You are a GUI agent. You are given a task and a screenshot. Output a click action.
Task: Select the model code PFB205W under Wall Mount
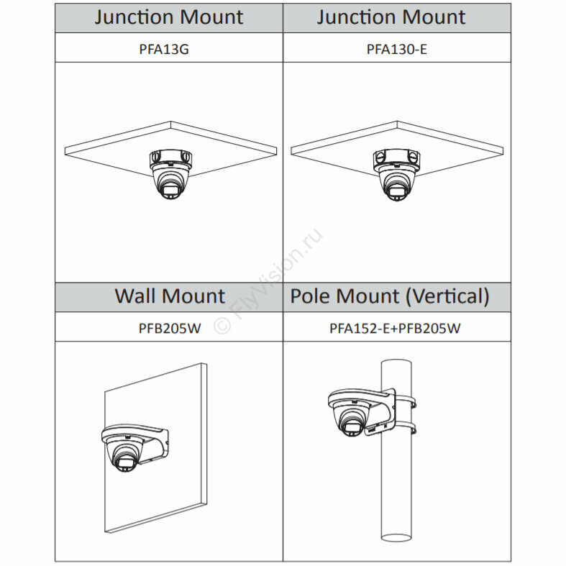coord(170,328)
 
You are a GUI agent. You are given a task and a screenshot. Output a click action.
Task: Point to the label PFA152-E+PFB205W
coord(395,328)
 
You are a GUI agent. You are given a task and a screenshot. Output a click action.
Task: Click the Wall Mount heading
coord(170,296)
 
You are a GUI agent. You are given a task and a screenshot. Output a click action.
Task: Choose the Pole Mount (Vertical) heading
coord(390,296)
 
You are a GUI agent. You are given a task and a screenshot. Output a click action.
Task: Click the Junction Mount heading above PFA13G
coord(170,17)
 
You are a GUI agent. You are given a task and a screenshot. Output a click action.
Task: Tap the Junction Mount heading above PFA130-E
coord(391,17)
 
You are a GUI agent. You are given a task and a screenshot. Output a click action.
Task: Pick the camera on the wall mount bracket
coord(124,457)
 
